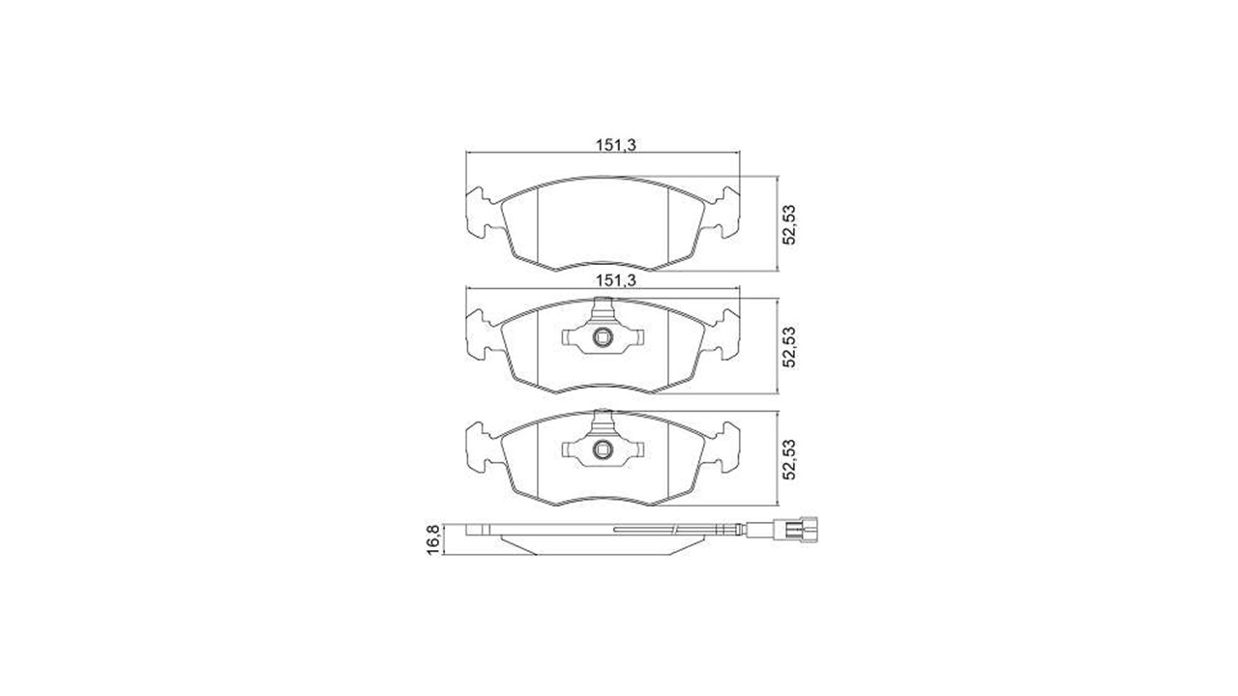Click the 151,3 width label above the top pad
(x=616, y=145)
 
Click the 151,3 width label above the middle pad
(x=616, y=280)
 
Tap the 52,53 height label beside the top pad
(x=789, y=224)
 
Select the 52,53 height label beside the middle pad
(x=789, y=347)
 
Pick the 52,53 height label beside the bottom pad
(x=789, y=459)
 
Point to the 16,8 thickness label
(x=434, y=539)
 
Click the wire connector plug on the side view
(x=797, y=531)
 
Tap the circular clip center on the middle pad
(x=603, y=337)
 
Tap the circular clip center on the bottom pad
(x=603, y=449)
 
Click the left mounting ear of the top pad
(x=479, y=213)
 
